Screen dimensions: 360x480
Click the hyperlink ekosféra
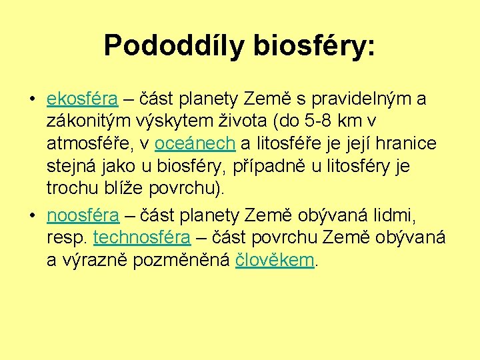point(82,100)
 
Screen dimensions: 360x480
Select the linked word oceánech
point(195,143)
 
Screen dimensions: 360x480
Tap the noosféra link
point(83,215)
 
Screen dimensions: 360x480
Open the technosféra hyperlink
point(142,237)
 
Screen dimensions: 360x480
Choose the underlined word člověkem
point(275,259)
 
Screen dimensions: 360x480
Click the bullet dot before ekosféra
point(32,100)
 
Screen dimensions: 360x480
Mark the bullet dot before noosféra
point(32,215)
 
